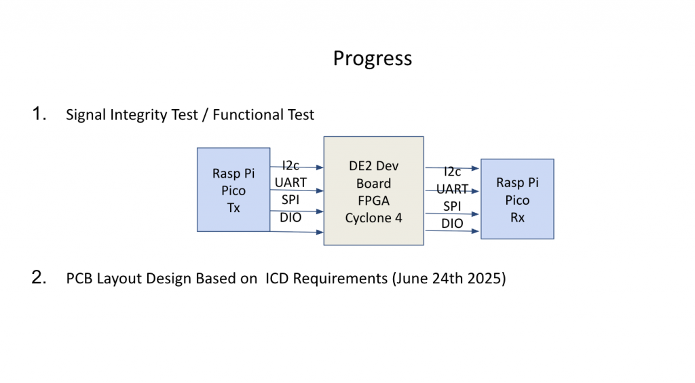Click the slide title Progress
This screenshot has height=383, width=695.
373,59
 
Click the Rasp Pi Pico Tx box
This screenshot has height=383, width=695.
233,190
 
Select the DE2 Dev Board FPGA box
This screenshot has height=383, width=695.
374,191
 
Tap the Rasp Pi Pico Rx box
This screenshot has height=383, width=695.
517,199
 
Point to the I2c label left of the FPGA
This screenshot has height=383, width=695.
290,165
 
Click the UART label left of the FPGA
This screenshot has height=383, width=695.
290,182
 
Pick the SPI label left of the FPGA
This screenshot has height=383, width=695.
290,200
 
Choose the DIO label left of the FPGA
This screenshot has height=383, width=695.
290,218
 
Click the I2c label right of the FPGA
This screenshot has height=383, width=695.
452,172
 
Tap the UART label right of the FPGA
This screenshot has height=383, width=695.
452,189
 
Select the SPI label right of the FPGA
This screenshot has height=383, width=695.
452,206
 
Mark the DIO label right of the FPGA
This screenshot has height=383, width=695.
452,224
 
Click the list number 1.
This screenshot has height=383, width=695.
39,114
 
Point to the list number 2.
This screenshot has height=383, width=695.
39,278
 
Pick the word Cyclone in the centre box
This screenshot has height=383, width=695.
368,218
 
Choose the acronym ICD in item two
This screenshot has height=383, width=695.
277,279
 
